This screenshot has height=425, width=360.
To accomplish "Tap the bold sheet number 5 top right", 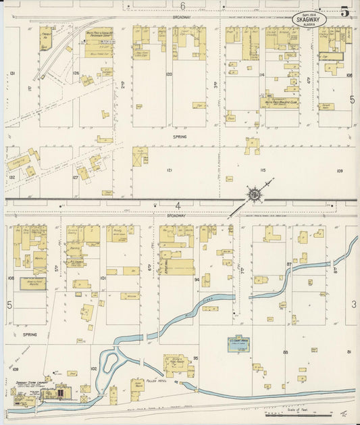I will (344, 11).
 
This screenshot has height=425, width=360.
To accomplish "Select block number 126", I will (76, 73).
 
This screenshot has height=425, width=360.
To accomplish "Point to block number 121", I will (170, 171).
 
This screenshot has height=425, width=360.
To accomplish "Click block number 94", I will (197, 278).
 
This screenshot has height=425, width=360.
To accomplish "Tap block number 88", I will (286, 352).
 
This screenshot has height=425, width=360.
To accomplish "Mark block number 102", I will (95, 368).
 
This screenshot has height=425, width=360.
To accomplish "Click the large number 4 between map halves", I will (178, 205).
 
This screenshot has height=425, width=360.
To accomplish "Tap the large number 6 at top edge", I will (182, 5).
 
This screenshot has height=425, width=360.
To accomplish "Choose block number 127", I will (75, 178).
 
